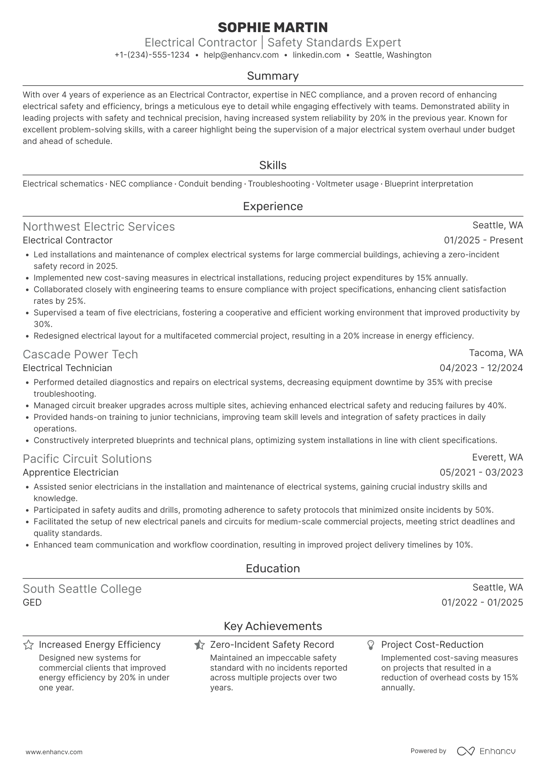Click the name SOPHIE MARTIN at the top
pyautogui.click(x=273, y=27)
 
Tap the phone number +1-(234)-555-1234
pyautogui.click(x=152, y=55)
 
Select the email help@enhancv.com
pyautogui.click(x=241, y=55)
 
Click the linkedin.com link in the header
pyautogui.click(x=316, y=55)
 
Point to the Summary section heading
pyautogui.click(x=273, y=76)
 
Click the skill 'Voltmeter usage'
pyautogui.click(x=347, y=184)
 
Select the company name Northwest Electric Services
pyautogui.click(x=99, y=227)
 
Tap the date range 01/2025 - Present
pyautogui.click(x=483, y=240)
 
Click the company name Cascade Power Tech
pyautogui.click(x=80, y=354)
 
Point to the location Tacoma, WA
pyautogui.click(x=496, y=353)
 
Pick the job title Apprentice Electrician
pyautogui.click(x=70, y=472)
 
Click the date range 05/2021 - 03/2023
pyautogui.click(x=481, y=472)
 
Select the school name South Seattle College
pyautogui.click(x=82, y=589)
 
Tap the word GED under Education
pyautogui.click(x=32, y=603)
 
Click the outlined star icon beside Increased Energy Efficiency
pyautogui.click(x=28, y=645)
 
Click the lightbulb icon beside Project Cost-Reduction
pyautogui.click(x=371, y=645)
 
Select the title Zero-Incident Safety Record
pyautogui.click(x=272, y=645)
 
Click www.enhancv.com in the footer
pyautogui.click(x=54, y=752)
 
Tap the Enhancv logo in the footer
pyautogui.click(x=486, y=751)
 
